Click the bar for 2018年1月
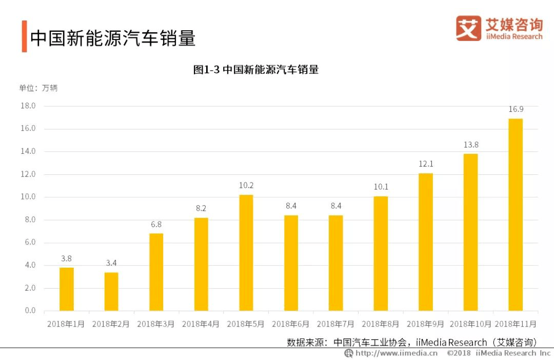(66, 289)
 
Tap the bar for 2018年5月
(246, 252)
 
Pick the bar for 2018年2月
(111, 291)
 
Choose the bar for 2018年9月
(426, 242)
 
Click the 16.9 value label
(516, 109)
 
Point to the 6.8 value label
(156, 224)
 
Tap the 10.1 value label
(381, 187)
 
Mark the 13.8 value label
(471, 145)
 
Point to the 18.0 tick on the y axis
(28, 106)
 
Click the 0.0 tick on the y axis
(30, 310)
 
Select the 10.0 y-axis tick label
(28, 197)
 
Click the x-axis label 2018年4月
(201, 324)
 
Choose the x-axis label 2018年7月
(335, 324)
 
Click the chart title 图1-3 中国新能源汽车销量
(256, 69)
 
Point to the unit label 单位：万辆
(38, 88)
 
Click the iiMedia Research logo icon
(468, 28)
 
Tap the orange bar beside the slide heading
(24, 36)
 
